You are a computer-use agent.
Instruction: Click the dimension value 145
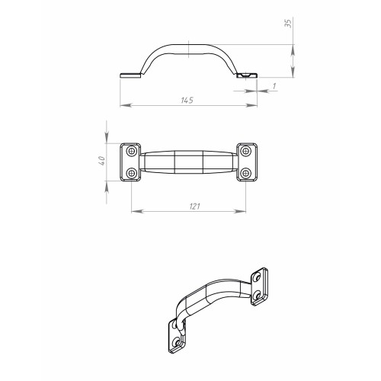(187, 101)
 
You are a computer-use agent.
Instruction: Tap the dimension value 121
(195, 207)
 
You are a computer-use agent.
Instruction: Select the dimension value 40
(101, 161)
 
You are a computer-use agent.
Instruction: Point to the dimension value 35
(289, 24)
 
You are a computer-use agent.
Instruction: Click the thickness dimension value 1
(274, 86)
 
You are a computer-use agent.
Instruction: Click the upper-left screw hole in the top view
(131, 151)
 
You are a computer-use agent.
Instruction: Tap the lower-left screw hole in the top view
(131, 174)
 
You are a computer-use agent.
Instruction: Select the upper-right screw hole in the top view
(245, 151)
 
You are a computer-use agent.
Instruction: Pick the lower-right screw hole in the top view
(245, 174)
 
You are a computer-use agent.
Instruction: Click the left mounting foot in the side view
(130, 75)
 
